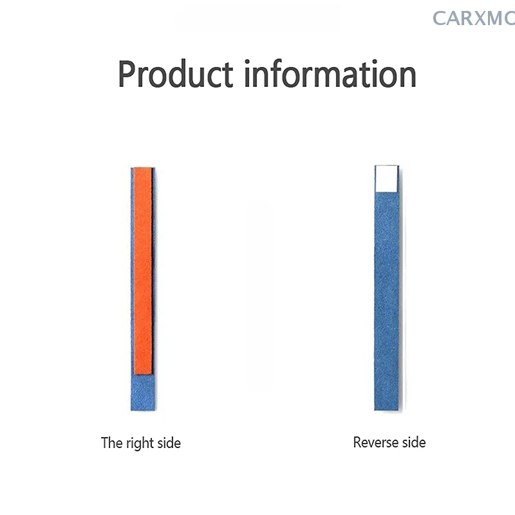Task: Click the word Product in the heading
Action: (176, 74)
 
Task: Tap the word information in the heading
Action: (330, 73)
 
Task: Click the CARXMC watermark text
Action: (474, 19)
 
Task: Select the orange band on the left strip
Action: (143, 271)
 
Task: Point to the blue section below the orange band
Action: (143, 393)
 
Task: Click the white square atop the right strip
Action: (387, 179)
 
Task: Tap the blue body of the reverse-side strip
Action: (387, 301)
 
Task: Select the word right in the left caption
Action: (140, 444)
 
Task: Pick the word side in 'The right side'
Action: (169, 443)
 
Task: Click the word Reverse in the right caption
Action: (376, 442)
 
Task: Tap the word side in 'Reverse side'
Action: (414, 442)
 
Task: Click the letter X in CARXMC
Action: (478, 19)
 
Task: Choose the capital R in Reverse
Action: (357, 442)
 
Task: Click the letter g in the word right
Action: (138, 445)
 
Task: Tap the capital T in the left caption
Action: (104, 443)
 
